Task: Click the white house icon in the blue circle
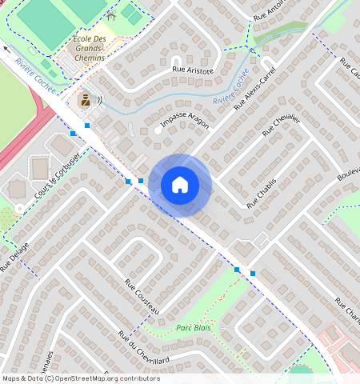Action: tap(180, 186)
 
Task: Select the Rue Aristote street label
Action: tap(194, 71)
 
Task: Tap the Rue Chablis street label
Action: tap(262, 194)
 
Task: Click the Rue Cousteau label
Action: tap(142, 296)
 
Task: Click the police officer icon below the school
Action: tap(84, 101)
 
